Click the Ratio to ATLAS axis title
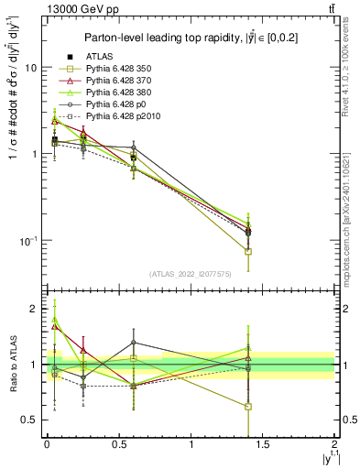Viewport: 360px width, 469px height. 12,366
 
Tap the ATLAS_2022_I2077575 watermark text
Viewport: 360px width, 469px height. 190,273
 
